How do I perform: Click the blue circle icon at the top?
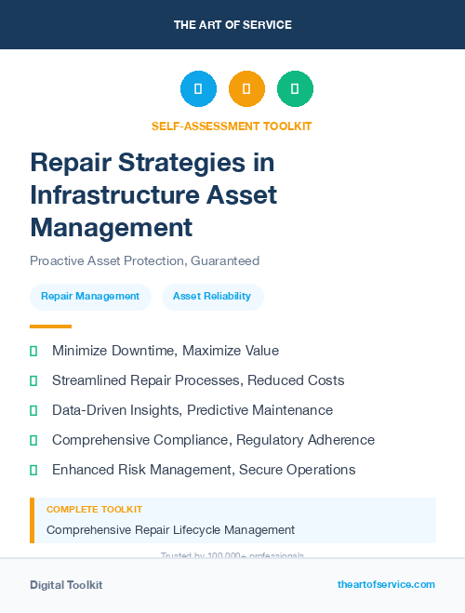[x=198, y=88]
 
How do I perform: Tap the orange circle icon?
[x=246, y=88]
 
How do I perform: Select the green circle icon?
[x=295, y=88]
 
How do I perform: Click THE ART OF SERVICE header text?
[x=232, y=25]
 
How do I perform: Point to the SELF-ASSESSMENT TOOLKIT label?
[x=232, y=126]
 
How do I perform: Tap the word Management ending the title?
[x=111, y=226]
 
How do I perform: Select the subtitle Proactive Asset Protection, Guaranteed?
[x=144, y=260]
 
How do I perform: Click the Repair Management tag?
[x=90, y=297]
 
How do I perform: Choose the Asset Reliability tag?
[x=212, y=297]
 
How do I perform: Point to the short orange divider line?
[x=50, y=326]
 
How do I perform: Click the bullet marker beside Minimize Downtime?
[x=33, y=351]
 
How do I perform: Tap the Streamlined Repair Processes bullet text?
[x=198, y=380]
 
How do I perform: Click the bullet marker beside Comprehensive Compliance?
[x=33, y=440]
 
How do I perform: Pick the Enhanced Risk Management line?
[x=204, y=470]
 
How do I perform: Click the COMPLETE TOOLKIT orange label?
[x=94, y=510]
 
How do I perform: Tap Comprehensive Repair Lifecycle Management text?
[x=170, y=530]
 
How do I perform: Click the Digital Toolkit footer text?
[x=66, y=585]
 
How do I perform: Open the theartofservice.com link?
[x=386, y=584]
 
